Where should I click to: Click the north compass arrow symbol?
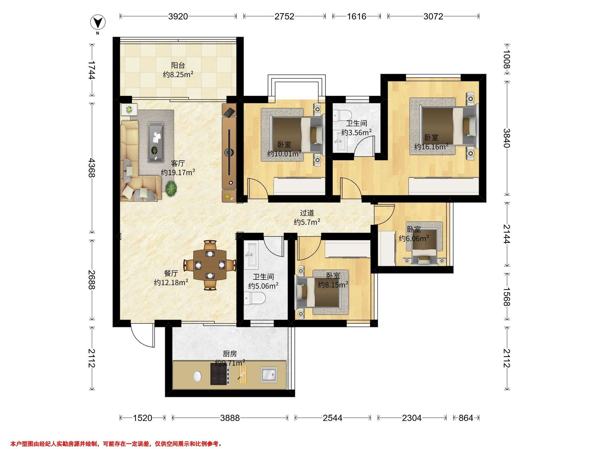(x=99, y=22)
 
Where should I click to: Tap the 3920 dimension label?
(x=178, y=16)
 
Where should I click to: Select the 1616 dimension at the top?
(x=357, y=16)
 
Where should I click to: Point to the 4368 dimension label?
(x=92, y=168)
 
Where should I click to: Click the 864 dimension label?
(x=466, y=418)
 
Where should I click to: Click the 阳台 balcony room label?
(x=178, y=65)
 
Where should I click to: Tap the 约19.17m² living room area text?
(x=178, y=172)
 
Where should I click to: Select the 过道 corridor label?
(x=307, y=213)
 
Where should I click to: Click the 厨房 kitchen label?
(x=230, y=354)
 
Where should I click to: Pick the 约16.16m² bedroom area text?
(x=431, y=147)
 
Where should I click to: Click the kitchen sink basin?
(x=269, y=375)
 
